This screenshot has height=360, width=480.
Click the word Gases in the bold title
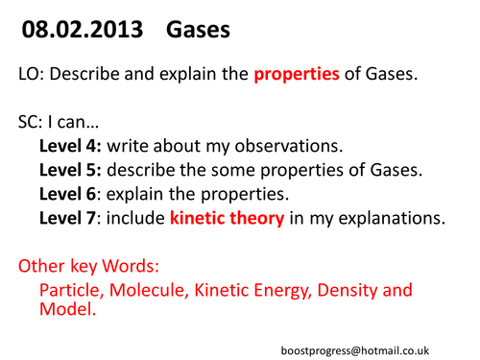click(x=198, y=32)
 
